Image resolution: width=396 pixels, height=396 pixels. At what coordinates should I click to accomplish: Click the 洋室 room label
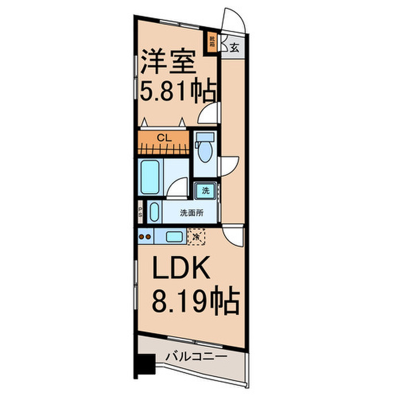pyautogui.click(x=169, y=61)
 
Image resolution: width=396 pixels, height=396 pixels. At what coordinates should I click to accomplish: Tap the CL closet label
pyautogui.click(x=163, y=137)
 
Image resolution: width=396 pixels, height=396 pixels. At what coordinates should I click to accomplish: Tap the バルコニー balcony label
pyautogui.click(x=196, y=357)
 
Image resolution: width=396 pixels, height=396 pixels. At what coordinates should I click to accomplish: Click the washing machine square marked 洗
pyautogui.click(x=205, y=191)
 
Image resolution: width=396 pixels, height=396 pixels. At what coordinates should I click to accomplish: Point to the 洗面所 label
pyautogui.click(x=191, y=213)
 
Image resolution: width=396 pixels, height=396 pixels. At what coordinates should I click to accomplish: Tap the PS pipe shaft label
pyautogui.click(x=140, y=213)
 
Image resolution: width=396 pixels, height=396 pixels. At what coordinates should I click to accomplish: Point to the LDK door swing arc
pyautogui.click(x=233, y=234)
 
